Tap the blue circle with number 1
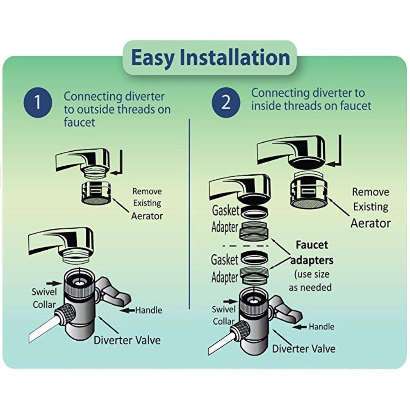(38, 103)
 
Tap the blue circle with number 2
(226, 103)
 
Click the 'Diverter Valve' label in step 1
(127, 340)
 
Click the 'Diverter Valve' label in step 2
(304, 348)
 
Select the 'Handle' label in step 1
(148, 310)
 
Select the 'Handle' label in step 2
(321, 327)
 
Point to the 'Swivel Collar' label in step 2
(223, 315)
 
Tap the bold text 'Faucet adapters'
(312, 253)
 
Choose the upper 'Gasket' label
(225, 211)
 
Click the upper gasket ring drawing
(252, 214)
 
